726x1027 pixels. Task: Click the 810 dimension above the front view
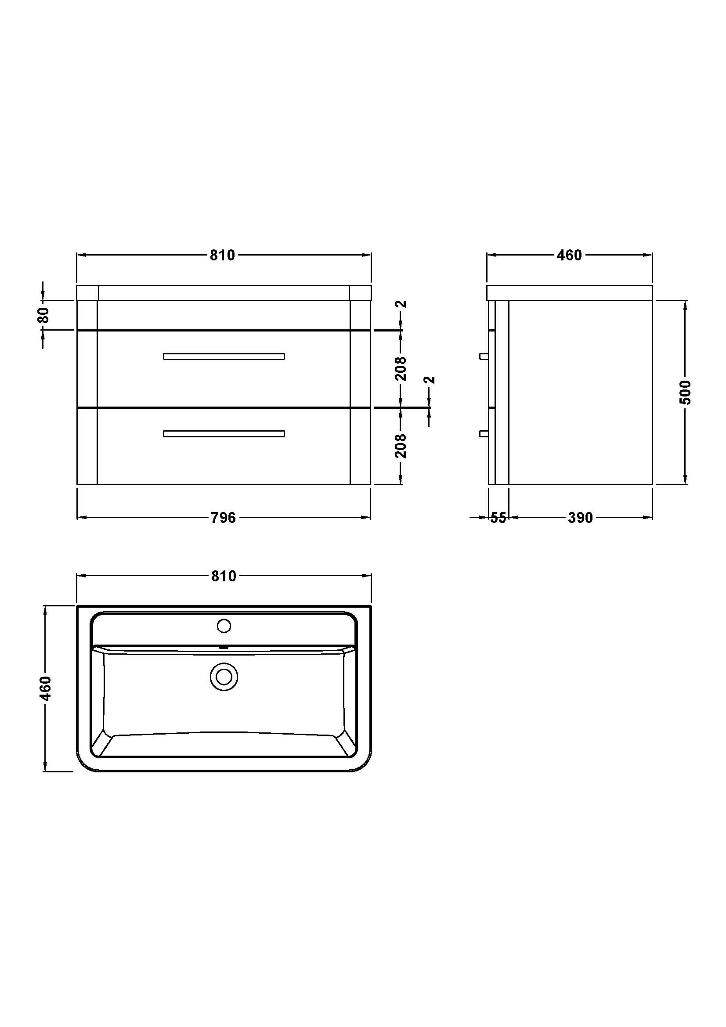pyautogui.click(x=222, y=255)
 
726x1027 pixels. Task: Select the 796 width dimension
pyautogui.click(x=223, y=518)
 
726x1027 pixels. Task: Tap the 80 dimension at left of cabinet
pyautogui.click(x=43, y=315)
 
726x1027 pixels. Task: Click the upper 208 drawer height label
pyautogui.click(x=401, y=368)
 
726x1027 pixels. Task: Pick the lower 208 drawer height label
pyautogui.click(x=401, y=446)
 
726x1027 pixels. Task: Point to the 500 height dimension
pyautogui.click(x=685, y=392)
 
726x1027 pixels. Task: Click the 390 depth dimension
pyautogui.click(x=580, y=518)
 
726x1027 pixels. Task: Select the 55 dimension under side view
pyautogui.click(x=498, y=518)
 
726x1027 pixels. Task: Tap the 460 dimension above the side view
pyautogui.click(x=569, y=255)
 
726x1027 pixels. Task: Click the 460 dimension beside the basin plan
pyautogui.click(x=46, y=688)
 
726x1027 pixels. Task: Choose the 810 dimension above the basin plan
pyautogui.click(x=223, y=576)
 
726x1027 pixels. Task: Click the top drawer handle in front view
pyautogui.click(x=224, y=356)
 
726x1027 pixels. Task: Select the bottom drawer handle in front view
pyautogui.click(x=224, y=433)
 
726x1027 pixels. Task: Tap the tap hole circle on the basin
pyautogui.click(x=224, y=626)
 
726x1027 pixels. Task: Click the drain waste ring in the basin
pyautogui.click(x=224, y=676)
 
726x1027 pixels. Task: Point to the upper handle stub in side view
pyautogui.click(x=484, y=356)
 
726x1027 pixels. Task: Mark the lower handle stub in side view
pyautogui.click(x=484, y=433)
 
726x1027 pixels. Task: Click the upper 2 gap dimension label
pyautogui.click(x=402, y=304)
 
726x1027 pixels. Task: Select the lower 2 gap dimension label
pyautogui.click(x=430, y=380)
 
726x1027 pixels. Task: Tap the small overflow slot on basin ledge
pyautogui.click(x=224, y=647)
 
